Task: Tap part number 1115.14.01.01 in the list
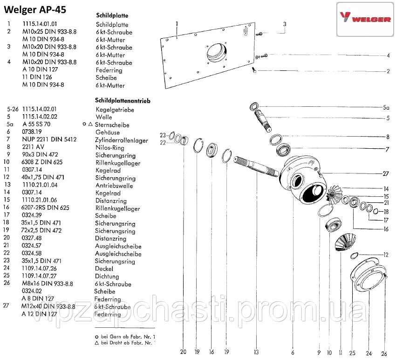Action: coord(41,24)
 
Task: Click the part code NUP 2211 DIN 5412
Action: coord(49,140)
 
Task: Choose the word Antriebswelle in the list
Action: coord(114,185)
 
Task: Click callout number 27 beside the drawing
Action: coord(385,173)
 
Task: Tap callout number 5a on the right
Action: coord(386,107)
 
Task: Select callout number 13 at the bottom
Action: coord(256,353)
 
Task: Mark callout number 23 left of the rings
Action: coord(163,135)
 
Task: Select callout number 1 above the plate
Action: coord(177,22)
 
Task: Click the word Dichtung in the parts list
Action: coord(108,276)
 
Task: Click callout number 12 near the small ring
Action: coord(386,255)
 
